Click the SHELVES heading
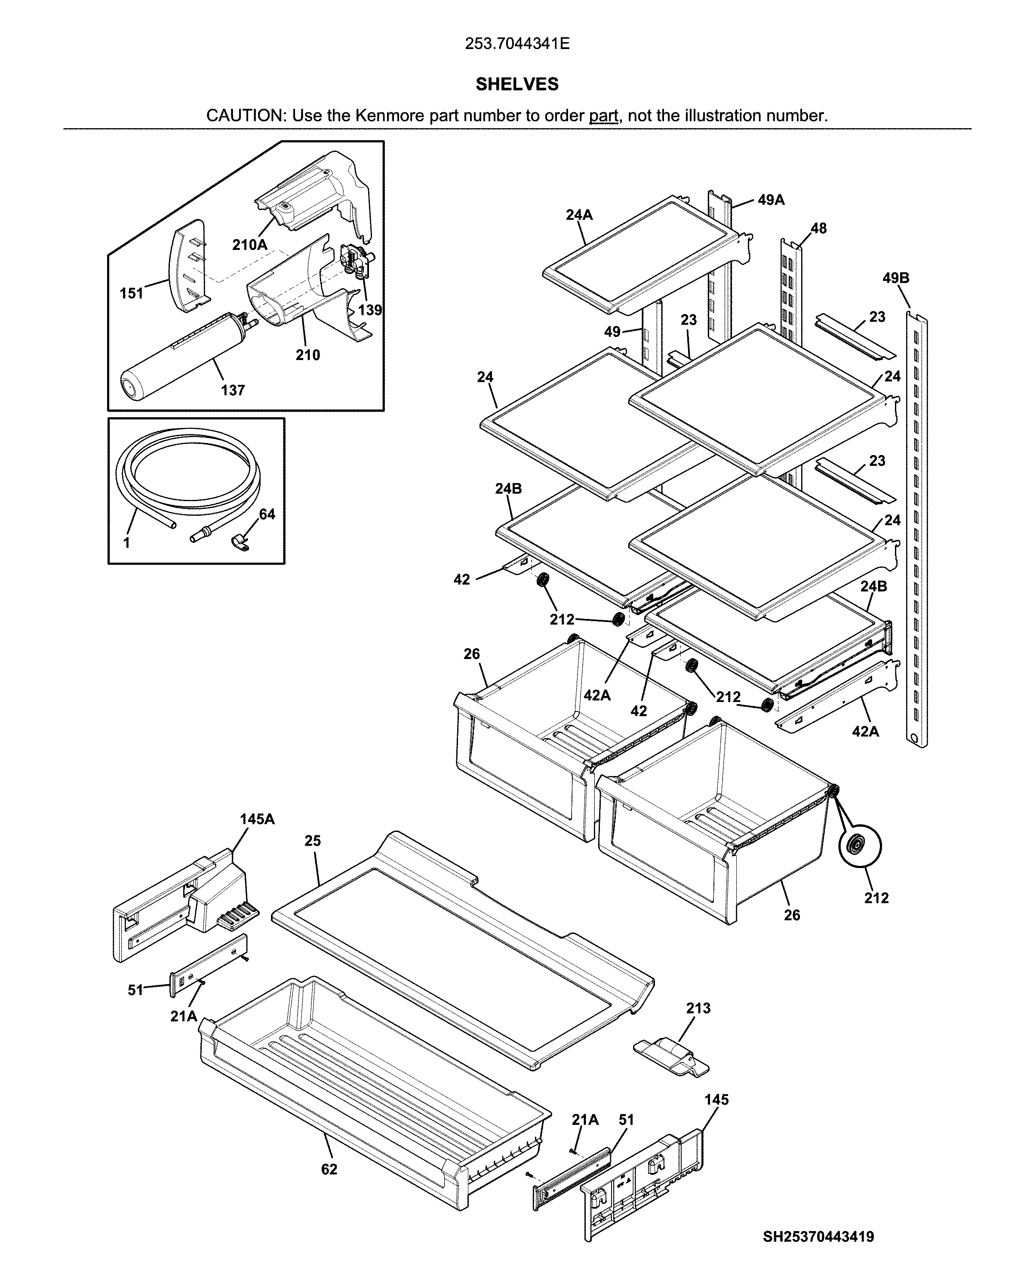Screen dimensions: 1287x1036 tap(517, 84)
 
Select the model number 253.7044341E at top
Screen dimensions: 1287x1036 tap(517, 43)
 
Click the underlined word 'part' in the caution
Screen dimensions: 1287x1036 tap(603, 116)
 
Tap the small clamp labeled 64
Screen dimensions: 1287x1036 tap(240, 542)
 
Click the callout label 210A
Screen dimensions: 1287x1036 tap(249, 244)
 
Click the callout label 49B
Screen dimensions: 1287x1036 tap(895, 278)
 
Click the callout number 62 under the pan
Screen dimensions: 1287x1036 tap(329, 1170)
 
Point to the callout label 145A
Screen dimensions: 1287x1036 tap(257, 819)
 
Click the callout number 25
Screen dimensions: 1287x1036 tap(313, 841)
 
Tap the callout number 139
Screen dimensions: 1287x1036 tap(369, 310)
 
